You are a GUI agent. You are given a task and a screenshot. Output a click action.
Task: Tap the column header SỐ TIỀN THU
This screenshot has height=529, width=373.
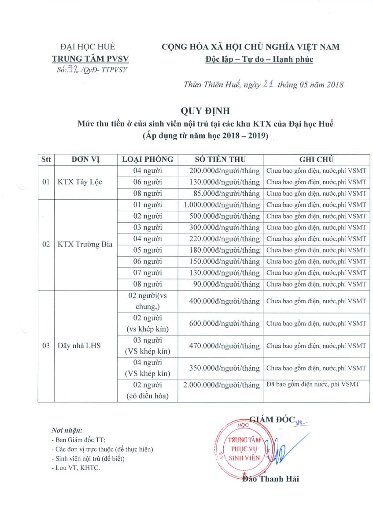220,159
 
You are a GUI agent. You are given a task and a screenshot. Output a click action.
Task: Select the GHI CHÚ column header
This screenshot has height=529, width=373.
316,159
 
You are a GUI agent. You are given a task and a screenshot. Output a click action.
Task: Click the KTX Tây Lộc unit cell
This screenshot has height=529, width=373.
80,182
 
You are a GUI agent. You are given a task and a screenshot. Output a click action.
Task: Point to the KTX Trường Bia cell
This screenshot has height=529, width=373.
85,245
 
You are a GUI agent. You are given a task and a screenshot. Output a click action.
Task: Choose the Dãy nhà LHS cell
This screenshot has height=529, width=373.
79,346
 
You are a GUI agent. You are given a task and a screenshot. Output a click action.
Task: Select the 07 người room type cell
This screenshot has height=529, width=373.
148,273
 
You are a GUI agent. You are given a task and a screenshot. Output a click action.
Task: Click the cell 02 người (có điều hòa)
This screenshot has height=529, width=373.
148,390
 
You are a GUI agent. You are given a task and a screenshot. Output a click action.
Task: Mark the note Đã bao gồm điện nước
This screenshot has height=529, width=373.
313,384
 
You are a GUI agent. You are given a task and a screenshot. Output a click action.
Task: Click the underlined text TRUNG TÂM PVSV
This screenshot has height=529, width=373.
90,59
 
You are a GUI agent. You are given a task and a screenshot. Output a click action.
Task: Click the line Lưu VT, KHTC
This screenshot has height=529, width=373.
76,468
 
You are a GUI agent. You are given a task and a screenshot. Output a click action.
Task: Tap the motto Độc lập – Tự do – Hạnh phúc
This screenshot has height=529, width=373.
259,59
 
